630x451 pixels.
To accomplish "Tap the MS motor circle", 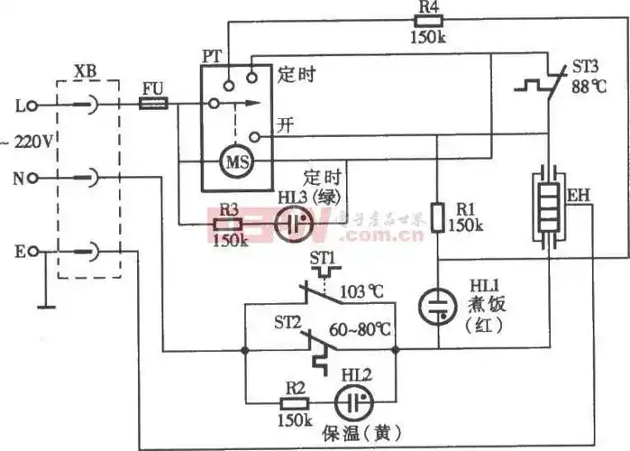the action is coord(229,164).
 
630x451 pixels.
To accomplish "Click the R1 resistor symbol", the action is coord(439,216).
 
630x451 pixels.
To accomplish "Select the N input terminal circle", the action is coord(33,178).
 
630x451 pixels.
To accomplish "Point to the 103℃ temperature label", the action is coord(362,292).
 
